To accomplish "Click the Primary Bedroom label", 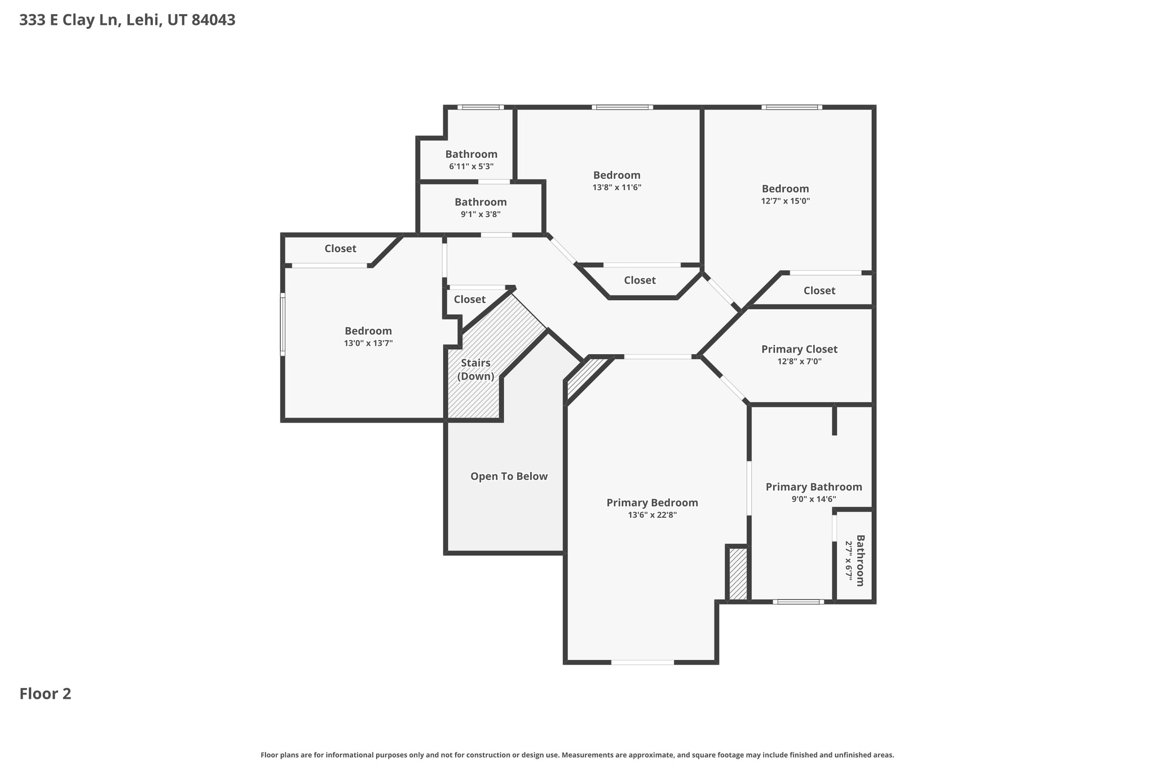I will pos(652,503).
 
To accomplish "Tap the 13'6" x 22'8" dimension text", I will pos(652,515).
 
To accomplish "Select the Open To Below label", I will pos(509,476).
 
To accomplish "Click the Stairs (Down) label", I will pos(475,369).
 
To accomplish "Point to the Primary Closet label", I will pos(799,349).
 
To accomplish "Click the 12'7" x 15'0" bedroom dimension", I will pos(785,201).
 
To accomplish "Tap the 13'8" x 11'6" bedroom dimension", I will pos(616,187).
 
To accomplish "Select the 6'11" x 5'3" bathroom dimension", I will pos(471,166).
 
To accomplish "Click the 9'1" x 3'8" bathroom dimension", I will pos(480,214).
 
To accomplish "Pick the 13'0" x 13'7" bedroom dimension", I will pos(368,343).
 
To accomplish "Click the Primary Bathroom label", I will pos(813,487).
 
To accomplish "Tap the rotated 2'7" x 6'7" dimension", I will pos(848,560).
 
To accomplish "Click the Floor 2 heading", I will pos(45,694).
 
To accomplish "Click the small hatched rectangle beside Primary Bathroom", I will pos(738,574).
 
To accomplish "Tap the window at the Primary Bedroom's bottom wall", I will pos(642,662).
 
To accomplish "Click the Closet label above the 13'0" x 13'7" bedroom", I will pos(340,248).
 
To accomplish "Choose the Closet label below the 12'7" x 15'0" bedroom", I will pos(819,291).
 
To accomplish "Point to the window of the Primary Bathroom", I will pos(798,602).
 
